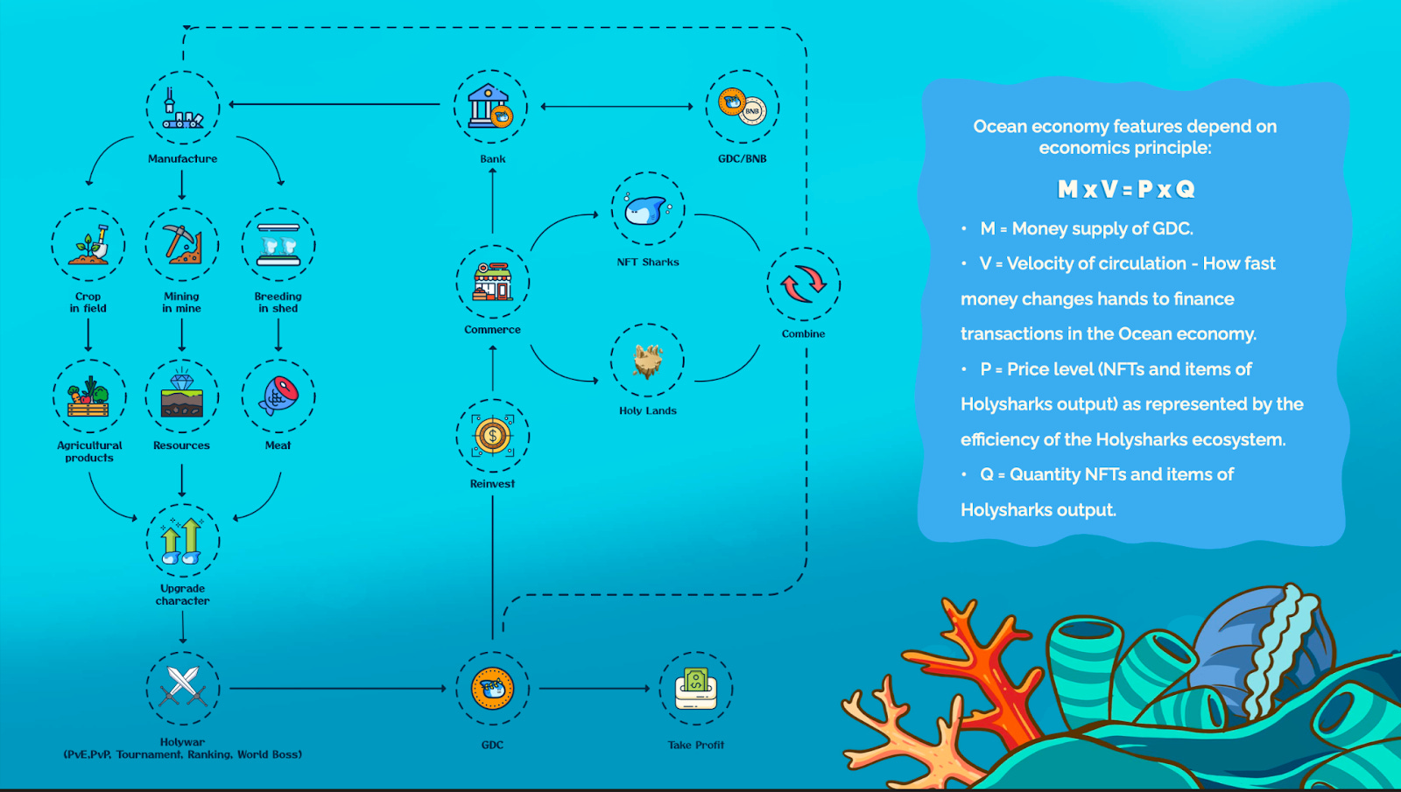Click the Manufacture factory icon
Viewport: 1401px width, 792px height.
[x=182, y=108]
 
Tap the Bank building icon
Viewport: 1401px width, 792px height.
[x=490, y=107]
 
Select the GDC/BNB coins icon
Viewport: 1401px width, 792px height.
[x=742, y=107]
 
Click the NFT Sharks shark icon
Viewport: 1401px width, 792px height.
[x=648, y=209]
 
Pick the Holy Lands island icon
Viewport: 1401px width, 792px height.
[x=648, y=360]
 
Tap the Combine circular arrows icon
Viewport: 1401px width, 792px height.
[x=803, y=284]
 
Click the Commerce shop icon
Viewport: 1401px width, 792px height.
[x=492, y=281]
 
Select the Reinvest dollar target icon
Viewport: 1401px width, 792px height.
[x=492, y=435]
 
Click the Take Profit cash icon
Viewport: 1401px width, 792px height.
[x=696, y=688]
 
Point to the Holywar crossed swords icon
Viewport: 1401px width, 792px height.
[x=182, y=688]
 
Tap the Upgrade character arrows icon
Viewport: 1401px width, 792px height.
[x=182, y=541]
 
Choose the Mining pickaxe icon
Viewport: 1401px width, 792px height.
[x=182, y=245]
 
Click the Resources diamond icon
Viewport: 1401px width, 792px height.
[x=182, y=396]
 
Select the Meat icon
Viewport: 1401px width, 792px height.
[x=278, y=396]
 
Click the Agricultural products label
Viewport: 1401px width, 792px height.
[x=89, y=452]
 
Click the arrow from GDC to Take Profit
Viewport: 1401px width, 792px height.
[x=595, y=689]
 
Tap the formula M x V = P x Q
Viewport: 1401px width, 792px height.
[x=1125, y=189]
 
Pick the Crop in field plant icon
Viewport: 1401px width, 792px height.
[x=88, y=245]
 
